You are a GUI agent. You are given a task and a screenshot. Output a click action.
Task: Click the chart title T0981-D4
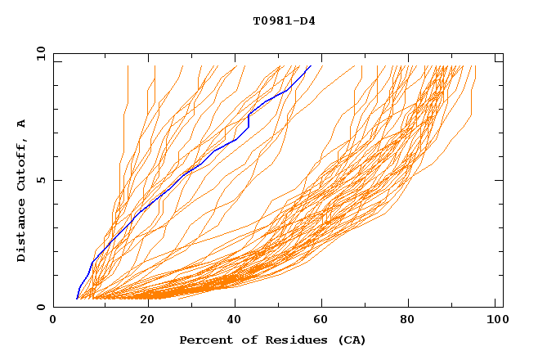(284, 20)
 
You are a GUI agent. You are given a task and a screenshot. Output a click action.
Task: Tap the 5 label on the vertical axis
(42, 180)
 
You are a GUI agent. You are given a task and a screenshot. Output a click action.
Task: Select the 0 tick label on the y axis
(42, 307)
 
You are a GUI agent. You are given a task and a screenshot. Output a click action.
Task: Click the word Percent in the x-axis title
(205, 340)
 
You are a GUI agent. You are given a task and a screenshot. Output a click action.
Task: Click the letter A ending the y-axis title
(22, 124)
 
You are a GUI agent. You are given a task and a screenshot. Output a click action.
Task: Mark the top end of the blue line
(310, 66)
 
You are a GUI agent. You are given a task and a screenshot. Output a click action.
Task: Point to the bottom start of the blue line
(77, 299)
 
